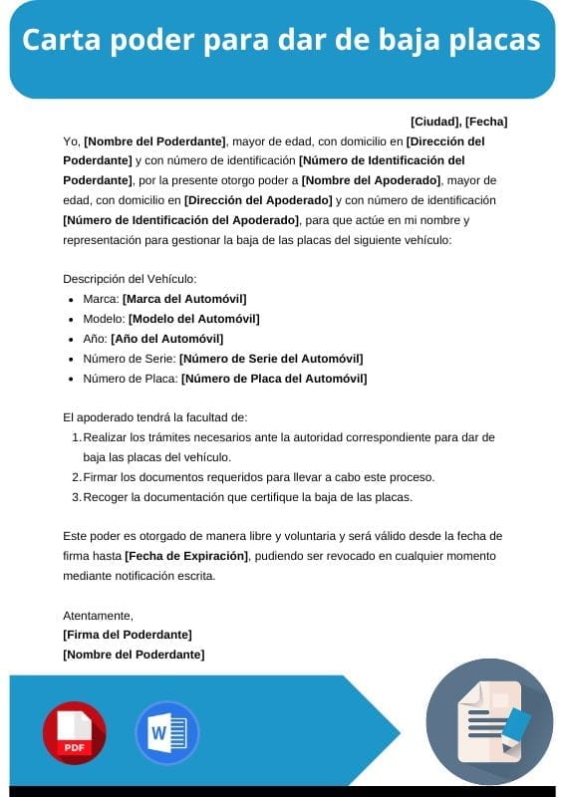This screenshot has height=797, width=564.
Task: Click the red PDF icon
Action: (74, 733)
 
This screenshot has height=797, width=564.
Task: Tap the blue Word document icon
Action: (167, 733)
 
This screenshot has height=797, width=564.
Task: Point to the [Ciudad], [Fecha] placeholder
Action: (458, 122)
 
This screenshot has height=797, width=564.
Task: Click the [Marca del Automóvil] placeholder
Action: (184, 299)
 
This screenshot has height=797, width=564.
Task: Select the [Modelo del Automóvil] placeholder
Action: (193, 319)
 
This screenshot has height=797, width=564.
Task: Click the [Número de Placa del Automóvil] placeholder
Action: (274, 379)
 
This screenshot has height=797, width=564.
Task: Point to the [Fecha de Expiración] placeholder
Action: (186, 555)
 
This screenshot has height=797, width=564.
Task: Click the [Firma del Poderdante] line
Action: (128, 635)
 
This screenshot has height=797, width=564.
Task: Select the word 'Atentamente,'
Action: (98, 616)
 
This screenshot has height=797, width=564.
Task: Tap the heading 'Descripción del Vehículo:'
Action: (130, 279)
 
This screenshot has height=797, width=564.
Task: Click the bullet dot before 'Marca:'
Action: (71, 300)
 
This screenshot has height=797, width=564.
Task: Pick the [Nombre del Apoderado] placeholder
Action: (371, 180)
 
